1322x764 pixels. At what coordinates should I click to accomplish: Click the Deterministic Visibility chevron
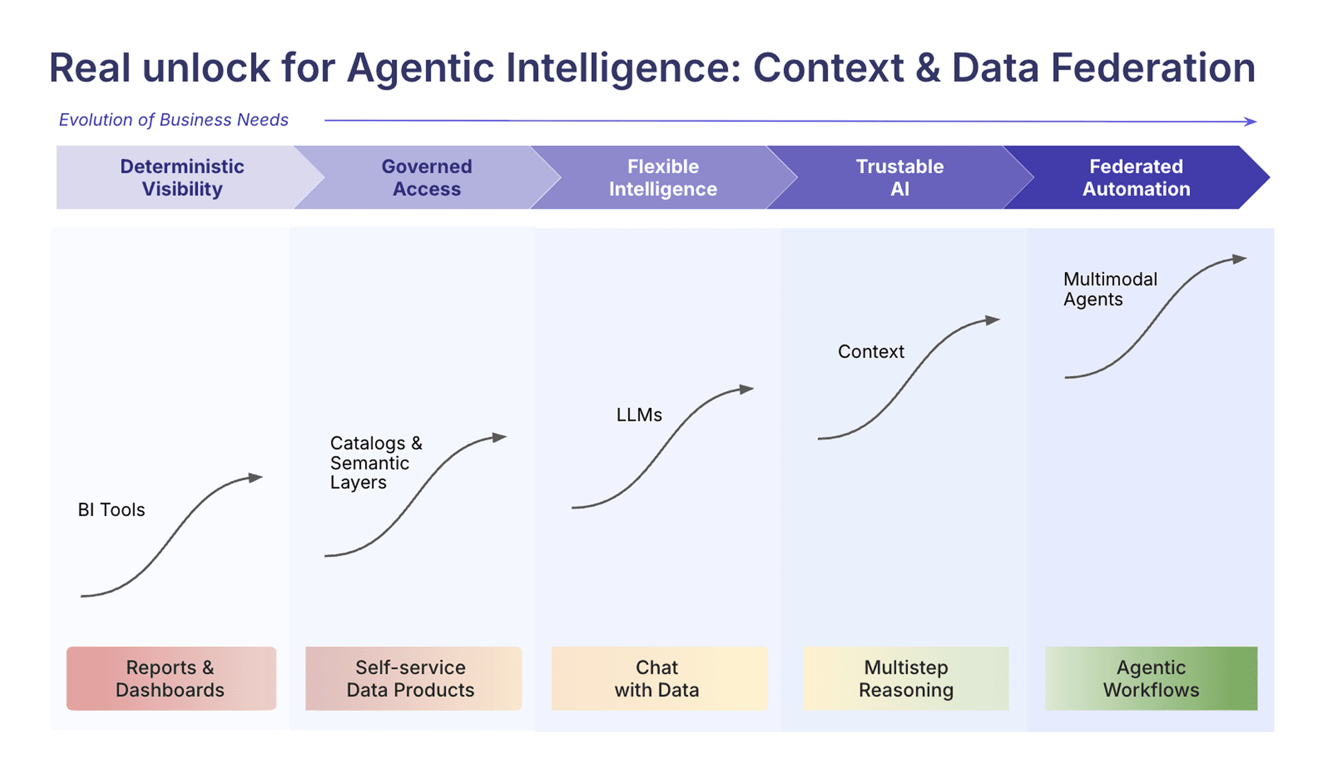pyautogui.click(x=182, y=177)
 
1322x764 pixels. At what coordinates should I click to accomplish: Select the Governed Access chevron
pyautogui.click(x=426, y=177)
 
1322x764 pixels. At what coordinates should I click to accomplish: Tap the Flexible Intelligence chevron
pyautogui.click(x=663, y=177)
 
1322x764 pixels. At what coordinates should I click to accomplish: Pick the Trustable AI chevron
pyautogui.click(x=900, y=177)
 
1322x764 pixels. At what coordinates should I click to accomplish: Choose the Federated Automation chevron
pyautogui.click(x=1136, y=177)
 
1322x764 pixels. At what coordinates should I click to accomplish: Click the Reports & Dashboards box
pyautogui.click(x=171, y=678)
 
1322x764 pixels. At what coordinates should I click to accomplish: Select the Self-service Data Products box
pyautogui.click(x=413, y=678)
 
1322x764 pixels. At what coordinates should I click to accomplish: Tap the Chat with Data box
pyautogui.click(x=659, y=678)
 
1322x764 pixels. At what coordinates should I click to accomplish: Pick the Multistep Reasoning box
pyautogui.click(x=905, y=678)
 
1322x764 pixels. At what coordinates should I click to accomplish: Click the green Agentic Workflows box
pyautogui.click(x=1151, y=678)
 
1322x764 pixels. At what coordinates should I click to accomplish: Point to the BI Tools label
pyautogui.click(x=111, y=510)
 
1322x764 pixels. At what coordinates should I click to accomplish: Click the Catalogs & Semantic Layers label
pyautogui.click(x=376, y=463)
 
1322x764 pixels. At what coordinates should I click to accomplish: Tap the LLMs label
pyautogui.click(x=639, y=415)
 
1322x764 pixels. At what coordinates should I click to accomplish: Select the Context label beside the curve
pyautogui.click(x=871, y=352)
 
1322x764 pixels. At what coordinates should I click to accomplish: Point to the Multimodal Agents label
pyautogui.click(x=1109, y=289)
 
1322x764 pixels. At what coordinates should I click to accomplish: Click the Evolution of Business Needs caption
pyautogui.click(x=173, y=120)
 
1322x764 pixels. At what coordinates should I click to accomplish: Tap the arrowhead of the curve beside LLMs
pyautogui.click(x=747, y=389)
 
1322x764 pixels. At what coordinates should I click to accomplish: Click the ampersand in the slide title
pyautogui.click(x=928, y=68)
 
